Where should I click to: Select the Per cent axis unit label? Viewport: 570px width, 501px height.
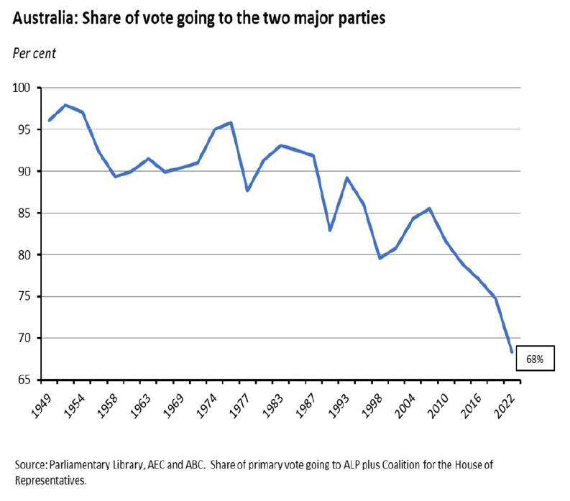pos(34,53)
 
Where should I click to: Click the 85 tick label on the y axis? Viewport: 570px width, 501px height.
pos(26,213)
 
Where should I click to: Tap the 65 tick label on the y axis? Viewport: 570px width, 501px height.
pos(26,380)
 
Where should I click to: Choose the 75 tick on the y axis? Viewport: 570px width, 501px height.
pos(26,296)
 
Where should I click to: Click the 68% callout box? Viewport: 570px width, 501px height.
pos(535,358)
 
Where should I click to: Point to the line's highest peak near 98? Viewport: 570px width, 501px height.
pos(65,105)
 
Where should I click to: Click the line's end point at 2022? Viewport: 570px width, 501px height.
pos(512,352)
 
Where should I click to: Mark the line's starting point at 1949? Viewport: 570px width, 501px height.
pos(49,120)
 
